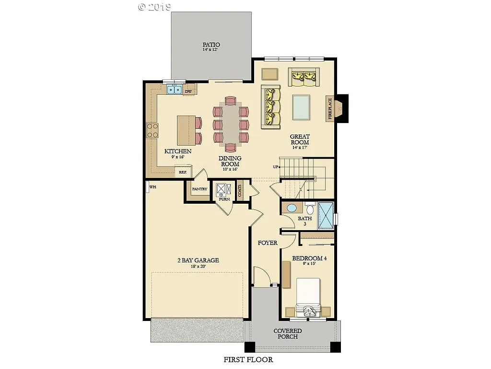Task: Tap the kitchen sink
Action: (x=174, y=89)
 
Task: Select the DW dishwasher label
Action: (x=188, y=91)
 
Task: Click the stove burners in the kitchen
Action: (x=152, y=130)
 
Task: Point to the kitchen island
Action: (x=186, y=130)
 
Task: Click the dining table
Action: (x=231, y=123)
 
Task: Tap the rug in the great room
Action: (x=301, y=107)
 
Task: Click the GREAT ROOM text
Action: (x=300, y=139)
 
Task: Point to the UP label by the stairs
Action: (x=275, y=167)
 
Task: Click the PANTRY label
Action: (x=199, y=189)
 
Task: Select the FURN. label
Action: (x=224, y=198)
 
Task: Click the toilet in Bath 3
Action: (x=310, y=209)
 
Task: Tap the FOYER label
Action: (x=268, y=243)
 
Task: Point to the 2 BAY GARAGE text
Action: (x=198, y=260)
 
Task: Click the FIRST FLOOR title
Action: (x=248, y=359)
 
